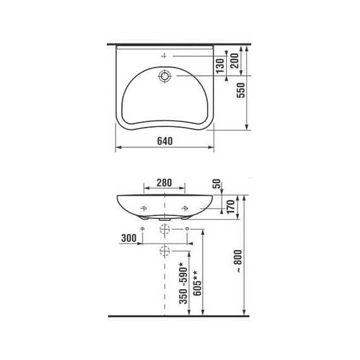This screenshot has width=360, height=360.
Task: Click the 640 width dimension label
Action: tap(164, 141)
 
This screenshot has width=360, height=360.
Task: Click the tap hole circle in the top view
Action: tap(165, 77)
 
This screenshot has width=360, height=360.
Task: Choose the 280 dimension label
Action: tap(164, 183)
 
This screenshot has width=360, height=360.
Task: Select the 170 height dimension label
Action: tap(231, 207)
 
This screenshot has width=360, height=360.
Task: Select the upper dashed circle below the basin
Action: tap(165, 229)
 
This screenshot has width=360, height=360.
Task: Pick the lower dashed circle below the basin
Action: tap(165, 251)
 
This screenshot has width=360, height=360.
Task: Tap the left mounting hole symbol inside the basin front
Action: tap(144, 208)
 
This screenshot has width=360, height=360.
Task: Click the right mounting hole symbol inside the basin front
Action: tap(185, 208)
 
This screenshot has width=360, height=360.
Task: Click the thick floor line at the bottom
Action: tap(180, 315)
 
